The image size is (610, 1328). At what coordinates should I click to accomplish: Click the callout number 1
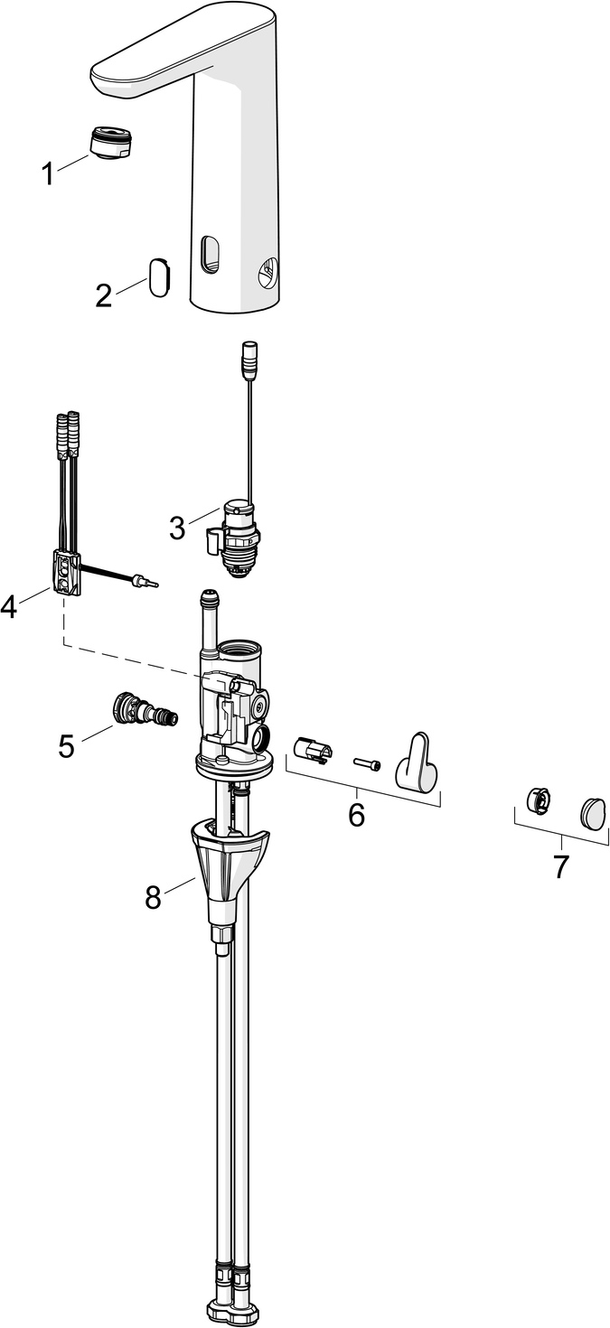pyautogui.click(x=48, y=174)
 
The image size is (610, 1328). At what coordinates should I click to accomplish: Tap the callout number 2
pyautogui.click(x=105, y=295)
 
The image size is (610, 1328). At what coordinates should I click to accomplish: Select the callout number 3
pyautogui.click(x=177, y=527)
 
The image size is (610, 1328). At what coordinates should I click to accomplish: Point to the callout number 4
pyautogui.click(x=9, y=607)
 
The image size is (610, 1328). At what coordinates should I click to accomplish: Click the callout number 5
pyautogui.click(x=66, y=745)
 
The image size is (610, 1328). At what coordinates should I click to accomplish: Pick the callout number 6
pyautogui.click(x=357, y=815)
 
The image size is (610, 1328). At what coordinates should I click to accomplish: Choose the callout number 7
pyautogui.click(x=561, y=866)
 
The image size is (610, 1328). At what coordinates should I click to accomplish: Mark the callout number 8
pyautogui.click(x=153, y=896)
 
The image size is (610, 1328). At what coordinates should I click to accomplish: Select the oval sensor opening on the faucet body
pyautogui.click(x=210, y=254)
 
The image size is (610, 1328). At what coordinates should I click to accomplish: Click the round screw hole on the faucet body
pyautogui.click(x=268, y=270)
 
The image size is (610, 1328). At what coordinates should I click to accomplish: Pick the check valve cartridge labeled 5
pyautogui.click(x=144, y=709)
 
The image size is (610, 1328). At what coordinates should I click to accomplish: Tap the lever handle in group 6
pyautogui.click(x=418, y=764)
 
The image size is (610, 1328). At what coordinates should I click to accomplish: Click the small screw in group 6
pyautogui.click(x=367, y=764)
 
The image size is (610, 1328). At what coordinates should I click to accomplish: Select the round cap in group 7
pyautogui.click(x=593, y=811)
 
